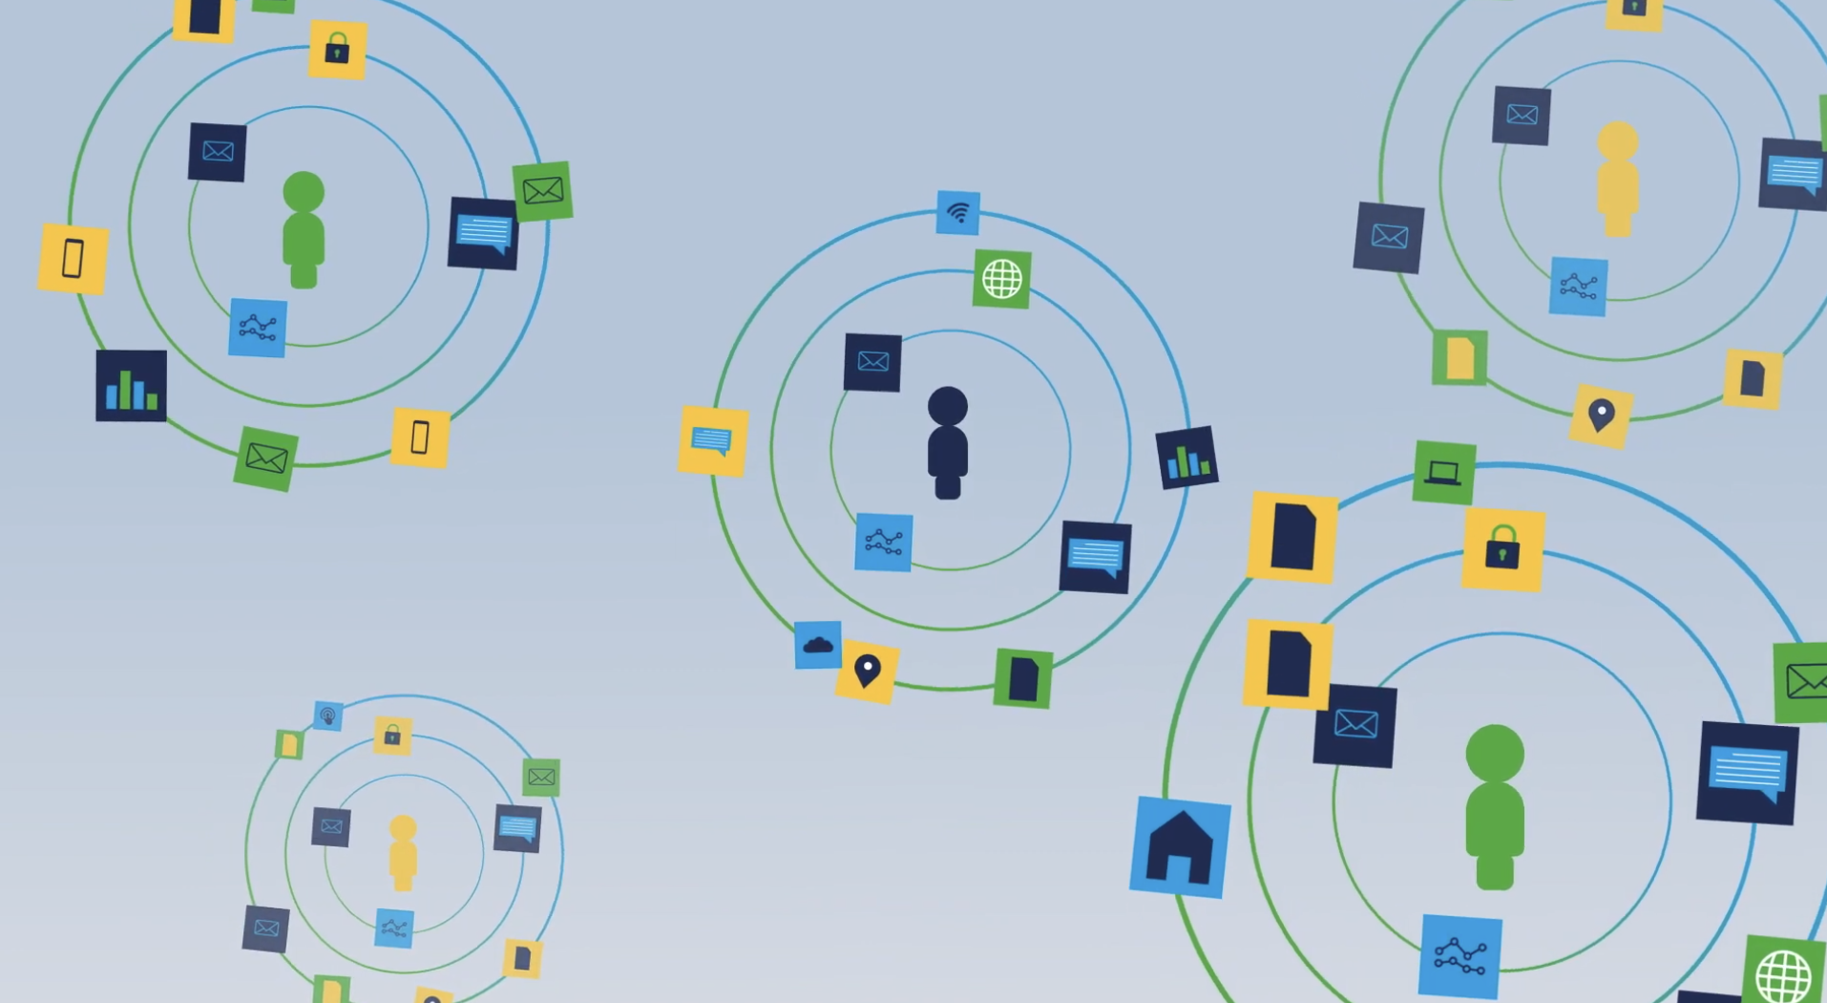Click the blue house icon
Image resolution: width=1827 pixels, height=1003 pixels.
tap(1180, 847)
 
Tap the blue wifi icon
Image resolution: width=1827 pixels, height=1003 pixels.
tap(957, 212)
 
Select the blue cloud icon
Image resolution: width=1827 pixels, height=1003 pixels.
tap(818, 645)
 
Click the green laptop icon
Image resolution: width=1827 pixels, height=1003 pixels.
tap(1443, 472)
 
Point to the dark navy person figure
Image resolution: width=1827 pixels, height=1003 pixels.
tap(948, 443)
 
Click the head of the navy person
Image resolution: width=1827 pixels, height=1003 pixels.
tap(948, 405)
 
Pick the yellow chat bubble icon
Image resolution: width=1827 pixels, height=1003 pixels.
tap(712, 441)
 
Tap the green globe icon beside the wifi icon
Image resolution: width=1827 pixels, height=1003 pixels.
tap(1001, 279)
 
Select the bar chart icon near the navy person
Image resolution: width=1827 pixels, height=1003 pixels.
tap(1186, 459)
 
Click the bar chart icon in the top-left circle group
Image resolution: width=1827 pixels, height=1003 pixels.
tap(132, 386)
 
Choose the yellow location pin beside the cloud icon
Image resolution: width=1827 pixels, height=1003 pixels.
tap(867, 672)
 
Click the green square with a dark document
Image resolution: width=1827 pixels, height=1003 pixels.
tap(1022, 678)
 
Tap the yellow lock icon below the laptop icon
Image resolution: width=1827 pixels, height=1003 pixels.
tap(1502, 549)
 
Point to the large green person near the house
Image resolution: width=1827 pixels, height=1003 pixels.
tap(1495, 807)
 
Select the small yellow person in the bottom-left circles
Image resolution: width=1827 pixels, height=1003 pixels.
tap(403, 853)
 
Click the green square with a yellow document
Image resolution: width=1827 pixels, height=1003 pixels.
tap(1459, 357)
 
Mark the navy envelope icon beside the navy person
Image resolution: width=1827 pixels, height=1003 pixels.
tap(872, 362)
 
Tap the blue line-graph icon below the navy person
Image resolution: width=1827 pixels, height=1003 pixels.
tap(883, 543)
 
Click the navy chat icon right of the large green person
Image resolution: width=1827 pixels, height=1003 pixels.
tap(1747, 772)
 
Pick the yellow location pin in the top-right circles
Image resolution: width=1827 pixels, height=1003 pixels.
tap(1601, 416)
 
